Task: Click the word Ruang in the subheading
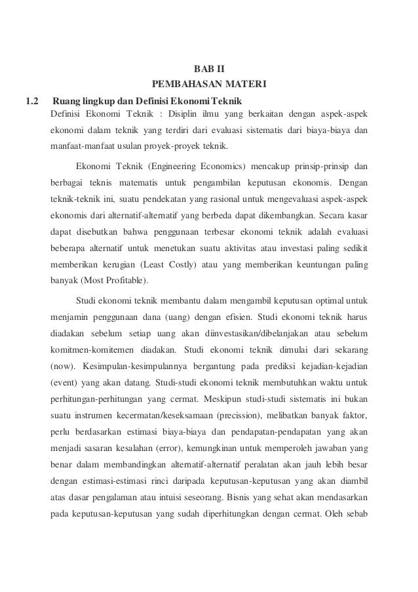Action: (x=66, y=101)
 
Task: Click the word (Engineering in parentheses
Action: (x=172, y=165)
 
